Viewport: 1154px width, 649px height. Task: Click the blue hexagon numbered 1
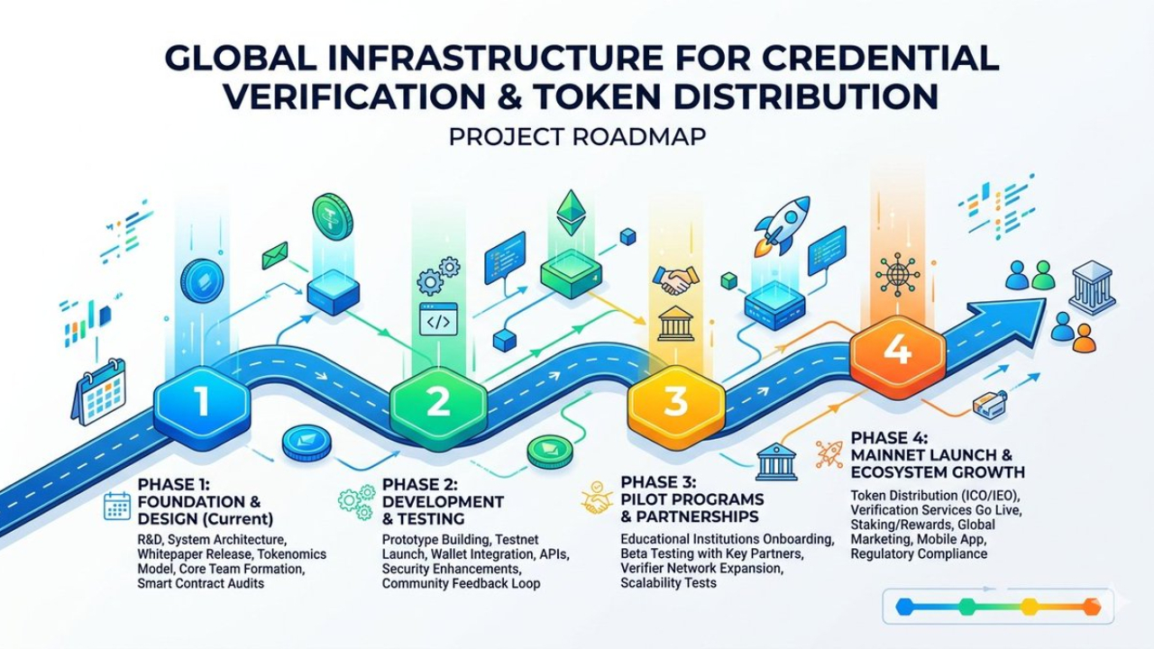[201, 401]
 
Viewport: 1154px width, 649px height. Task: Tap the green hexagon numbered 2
[438, 401]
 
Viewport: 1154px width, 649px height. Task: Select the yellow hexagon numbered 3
[675, 401]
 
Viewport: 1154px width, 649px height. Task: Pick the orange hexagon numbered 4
[897, 350]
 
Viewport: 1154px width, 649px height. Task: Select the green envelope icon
[275, 256]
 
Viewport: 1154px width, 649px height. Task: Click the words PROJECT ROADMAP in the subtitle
[576, 138]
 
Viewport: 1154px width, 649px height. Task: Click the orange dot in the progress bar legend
[1091, 607]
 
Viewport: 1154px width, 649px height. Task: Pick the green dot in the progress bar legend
[967, 607]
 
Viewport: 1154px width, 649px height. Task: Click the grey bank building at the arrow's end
[1092, 288]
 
